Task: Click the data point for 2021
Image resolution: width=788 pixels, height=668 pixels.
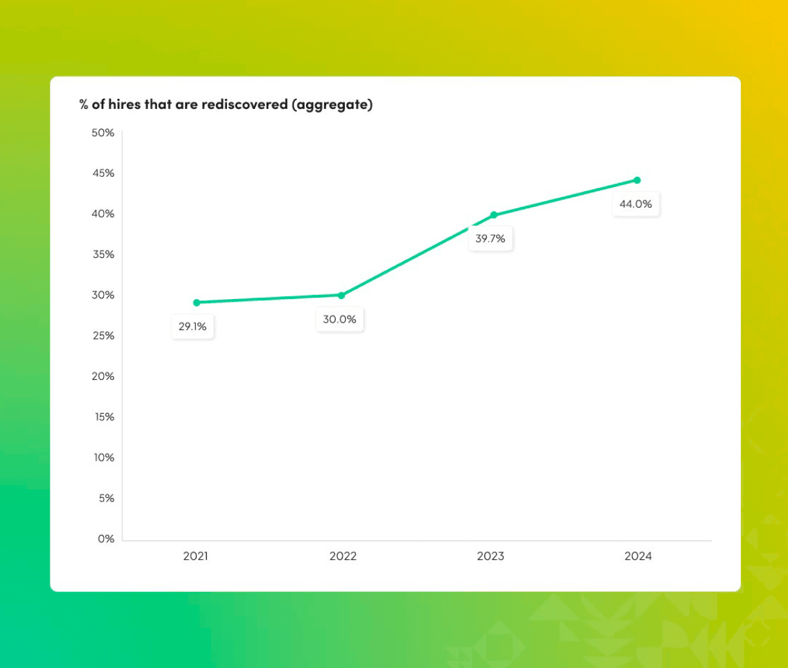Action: (196, 302)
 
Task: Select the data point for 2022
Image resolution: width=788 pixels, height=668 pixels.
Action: (342, 295)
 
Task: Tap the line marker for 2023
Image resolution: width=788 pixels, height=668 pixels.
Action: (494, 215)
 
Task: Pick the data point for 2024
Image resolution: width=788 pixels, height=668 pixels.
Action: (637, 180)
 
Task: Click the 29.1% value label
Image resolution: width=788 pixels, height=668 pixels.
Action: (193, 327)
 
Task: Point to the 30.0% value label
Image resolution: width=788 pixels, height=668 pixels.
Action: (340, 319)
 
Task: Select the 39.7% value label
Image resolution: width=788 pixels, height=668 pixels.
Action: (491, 239)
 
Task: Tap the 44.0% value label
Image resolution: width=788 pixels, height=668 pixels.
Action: (636, 204)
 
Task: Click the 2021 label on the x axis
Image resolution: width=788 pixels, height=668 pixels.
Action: (195, 556)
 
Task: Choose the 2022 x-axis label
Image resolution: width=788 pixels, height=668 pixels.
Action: (343, 556)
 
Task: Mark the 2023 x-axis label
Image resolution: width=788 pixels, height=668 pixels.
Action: (491, 556)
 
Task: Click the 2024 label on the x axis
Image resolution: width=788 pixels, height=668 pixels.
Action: (638, 556)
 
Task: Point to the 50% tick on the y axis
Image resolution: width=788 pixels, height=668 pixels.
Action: (103, 133)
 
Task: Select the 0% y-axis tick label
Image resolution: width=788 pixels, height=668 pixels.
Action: (106, 539)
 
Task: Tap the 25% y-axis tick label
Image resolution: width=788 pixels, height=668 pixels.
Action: (103, 335)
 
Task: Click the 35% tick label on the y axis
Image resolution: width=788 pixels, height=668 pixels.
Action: (103, 255)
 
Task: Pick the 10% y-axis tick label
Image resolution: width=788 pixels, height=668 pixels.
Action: (103, 458)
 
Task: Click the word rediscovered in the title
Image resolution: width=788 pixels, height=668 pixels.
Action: (244, 105)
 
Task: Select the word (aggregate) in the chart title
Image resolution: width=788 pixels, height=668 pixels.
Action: (332, 106)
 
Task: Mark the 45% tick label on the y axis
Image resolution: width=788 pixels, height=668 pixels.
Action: (103, 173)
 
